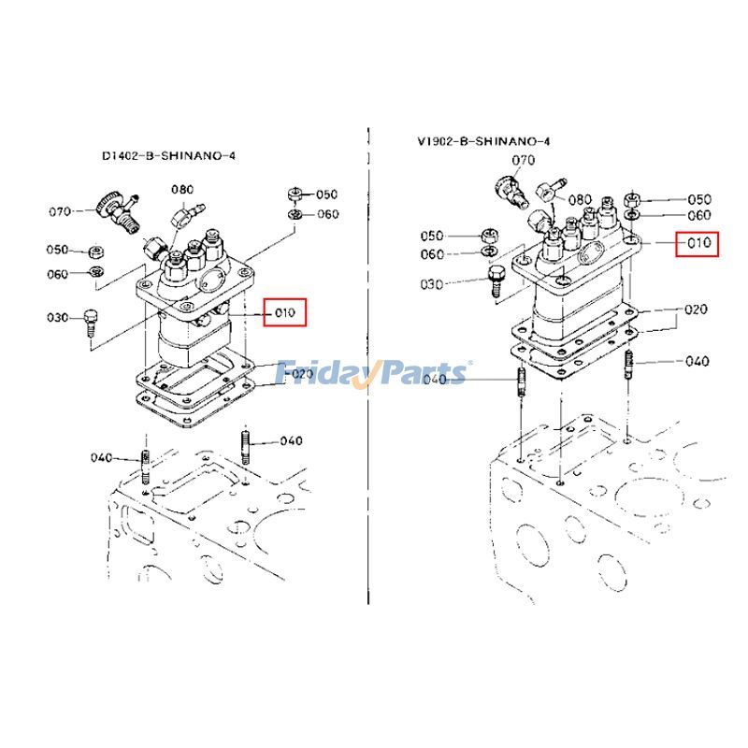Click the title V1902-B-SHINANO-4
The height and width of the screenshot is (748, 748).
[x=483, y=142]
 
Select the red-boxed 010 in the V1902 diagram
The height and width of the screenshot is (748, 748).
[x=698, y=243]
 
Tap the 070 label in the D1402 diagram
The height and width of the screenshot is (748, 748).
[x=61, y=212]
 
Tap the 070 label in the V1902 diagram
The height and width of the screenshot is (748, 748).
[x=523, y=160]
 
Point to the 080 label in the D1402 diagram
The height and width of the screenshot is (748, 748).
[x=181, y=190]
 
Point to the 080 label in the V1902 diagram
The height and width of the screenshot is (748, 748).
[x=580, y=199]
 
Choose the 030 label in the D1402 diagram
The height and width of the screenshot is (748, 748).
[x=59, y=319]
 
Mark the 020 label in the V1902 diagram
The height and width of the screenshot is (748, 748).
[x=696, y=309]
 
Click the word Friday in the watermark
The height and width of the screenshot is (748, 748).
[x=324, y=374]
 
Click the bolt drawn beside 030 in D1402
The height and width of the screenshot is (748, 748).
[x=91, y=320]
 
